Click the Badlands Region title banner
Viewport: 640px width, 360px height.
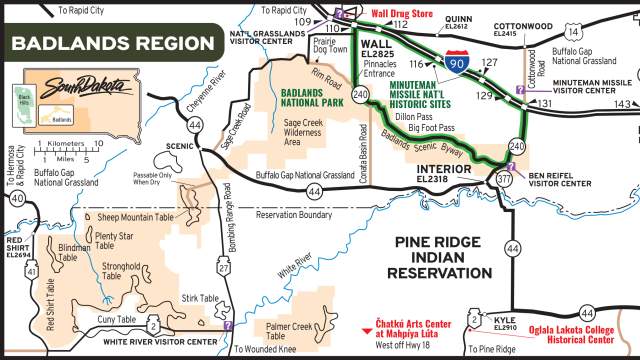[x=114, y=44]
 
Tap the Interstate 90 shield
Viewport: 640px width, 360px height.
[x=456, y=64]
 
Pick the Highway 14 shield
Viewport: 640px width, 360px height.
[x=573, y=32]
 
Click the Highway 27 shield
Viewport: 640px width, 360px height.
[x=224, y=268]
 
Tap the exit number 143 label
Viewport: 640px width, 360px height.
[x=623, y=104]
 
